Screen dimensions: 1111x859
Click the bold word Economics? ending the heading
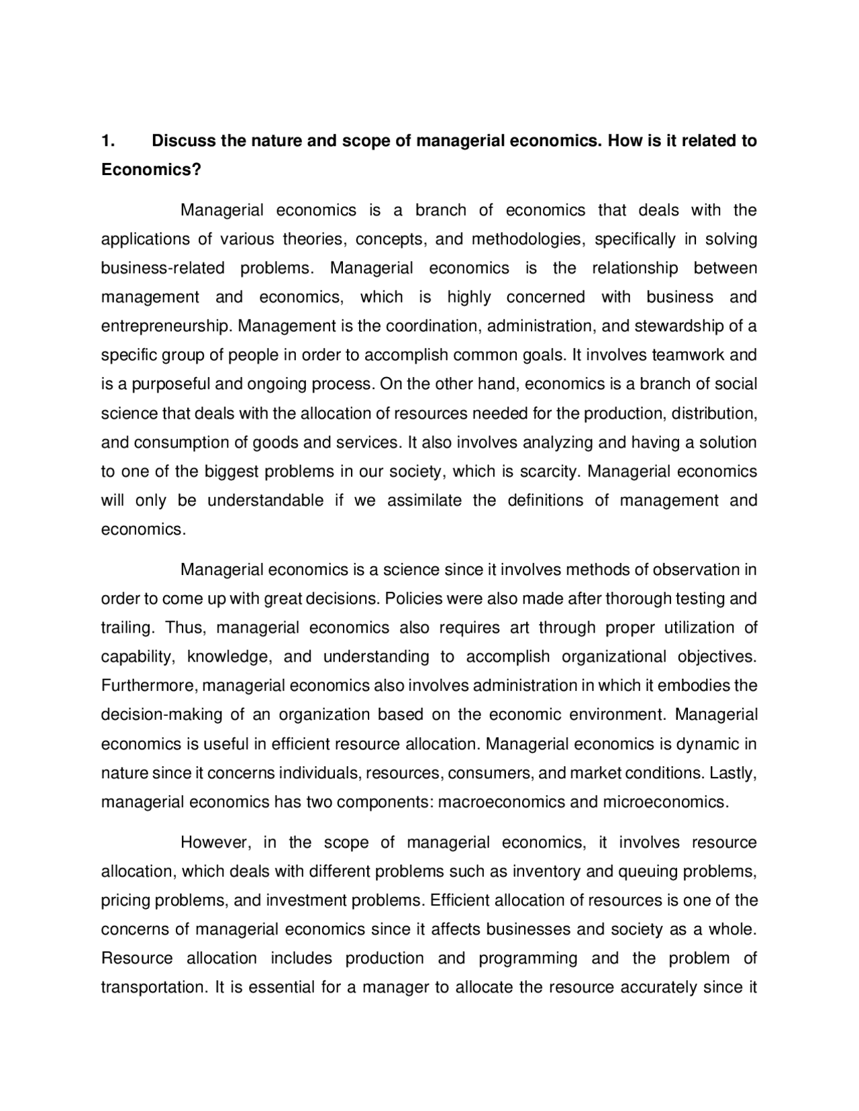[x=151, y=170]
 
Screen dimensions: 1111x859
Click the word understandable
[x=265, y=500]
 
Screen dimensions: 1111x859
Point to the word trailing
[x=127, y=628]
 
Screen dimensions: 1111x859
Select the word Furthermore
[x=149, y=686]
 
